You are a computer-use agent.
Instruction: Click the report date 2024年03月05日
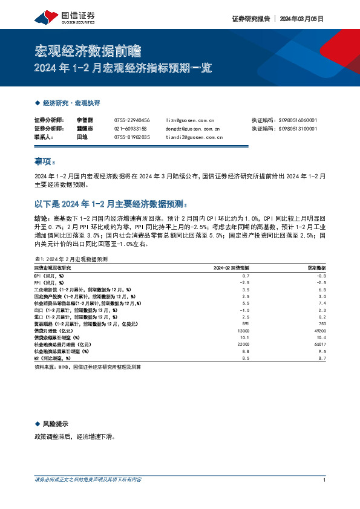[301, 19]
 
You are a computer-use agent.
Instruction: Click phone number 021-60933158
[131, 129]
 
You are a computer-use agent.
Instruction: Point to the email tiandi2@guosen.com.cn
[194, 137]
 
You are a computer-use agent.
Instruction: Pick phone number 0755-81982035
[132, 137]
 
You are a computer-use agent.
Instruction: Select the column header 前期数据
[316, 267]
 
